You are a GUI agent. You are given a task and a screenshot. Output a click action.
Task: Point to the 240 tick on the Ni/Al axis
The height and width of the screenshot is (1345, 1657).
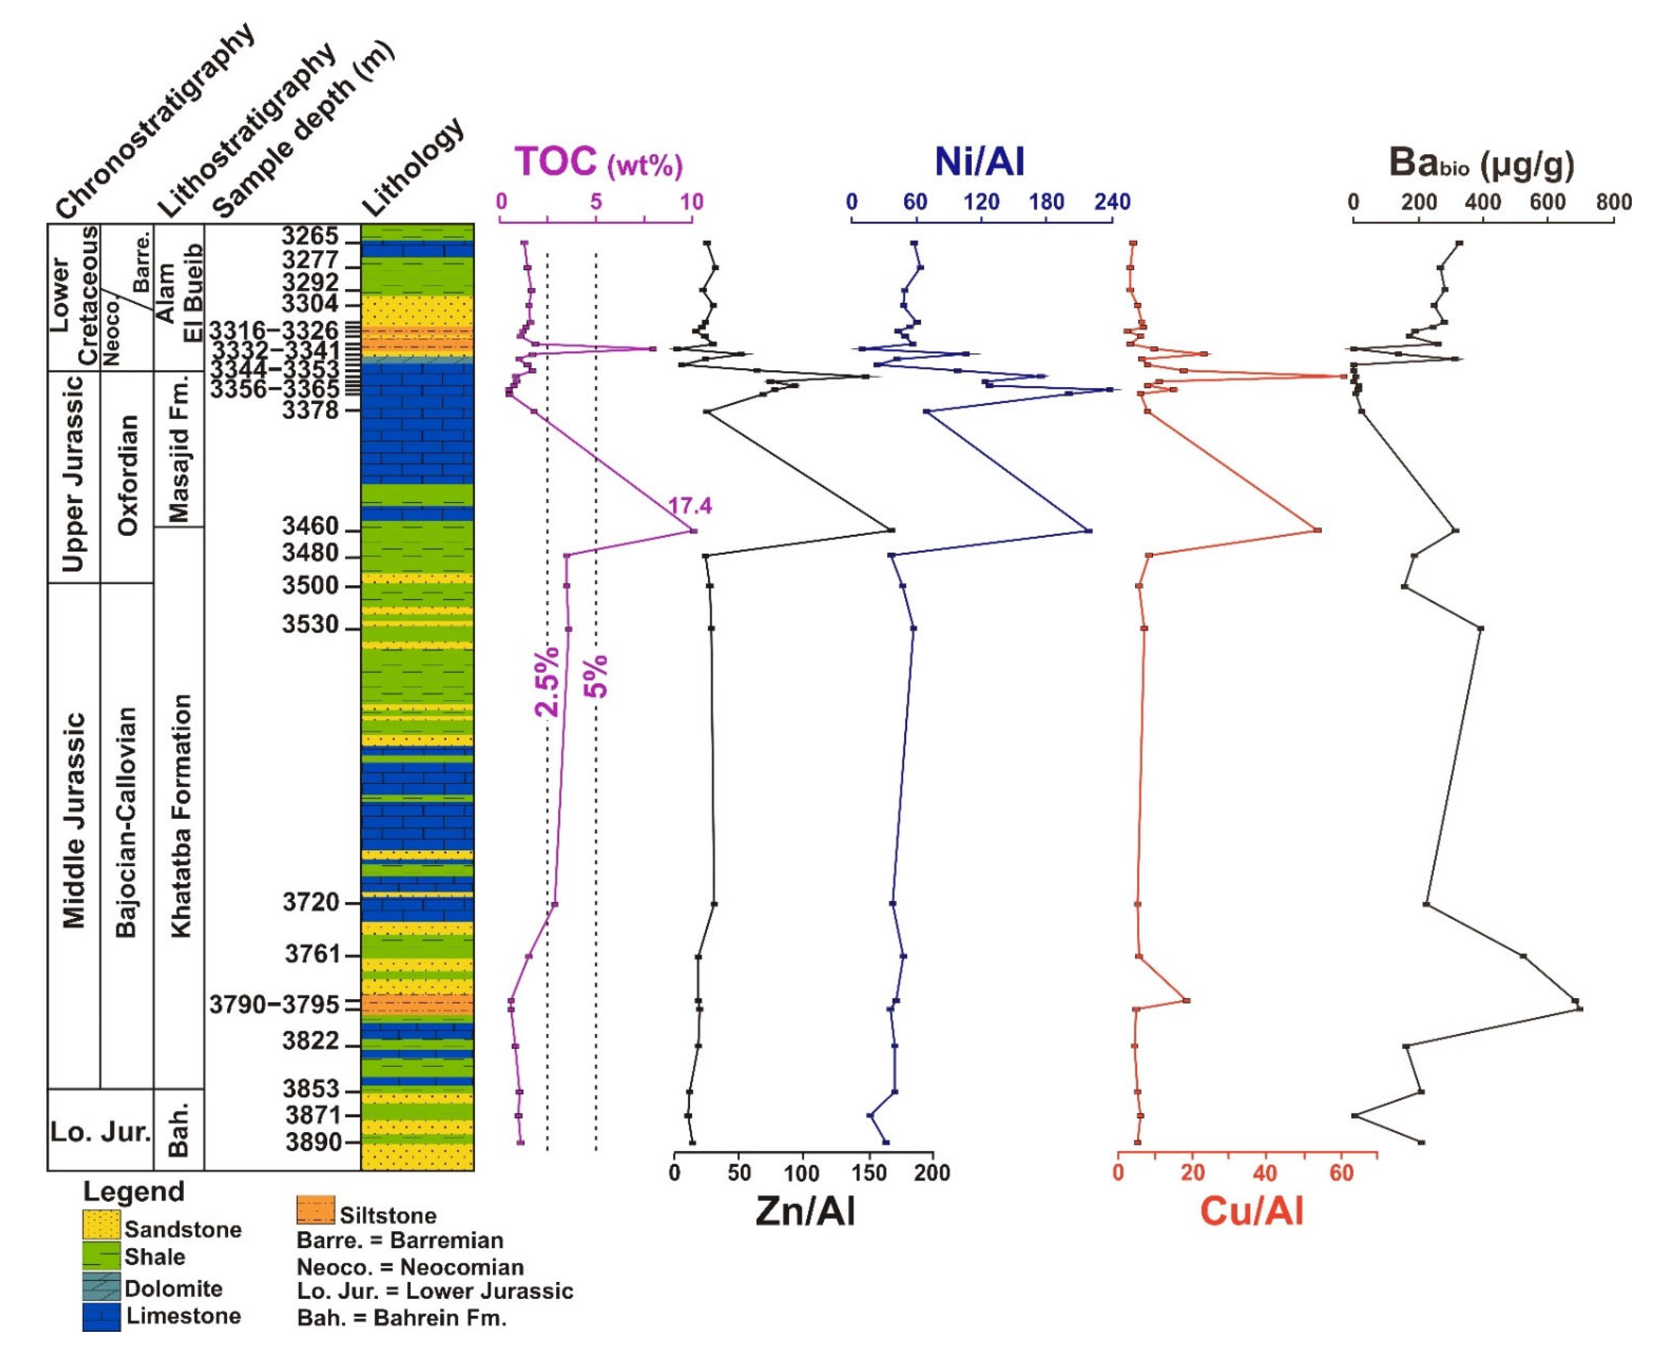tap(1112, 202)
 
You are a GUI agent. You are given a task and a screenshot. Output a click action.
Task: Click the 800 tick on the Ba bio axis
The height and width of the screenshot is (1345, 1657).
tap(1614, 202)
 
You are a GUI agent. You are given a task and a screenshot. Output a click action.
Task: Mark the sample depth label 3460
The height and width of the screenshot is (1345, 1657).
tap(311, 527)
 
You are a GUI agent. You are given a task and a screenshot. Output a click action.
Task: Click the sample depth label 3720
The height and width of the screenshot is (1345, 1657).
tap(311, 902)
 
